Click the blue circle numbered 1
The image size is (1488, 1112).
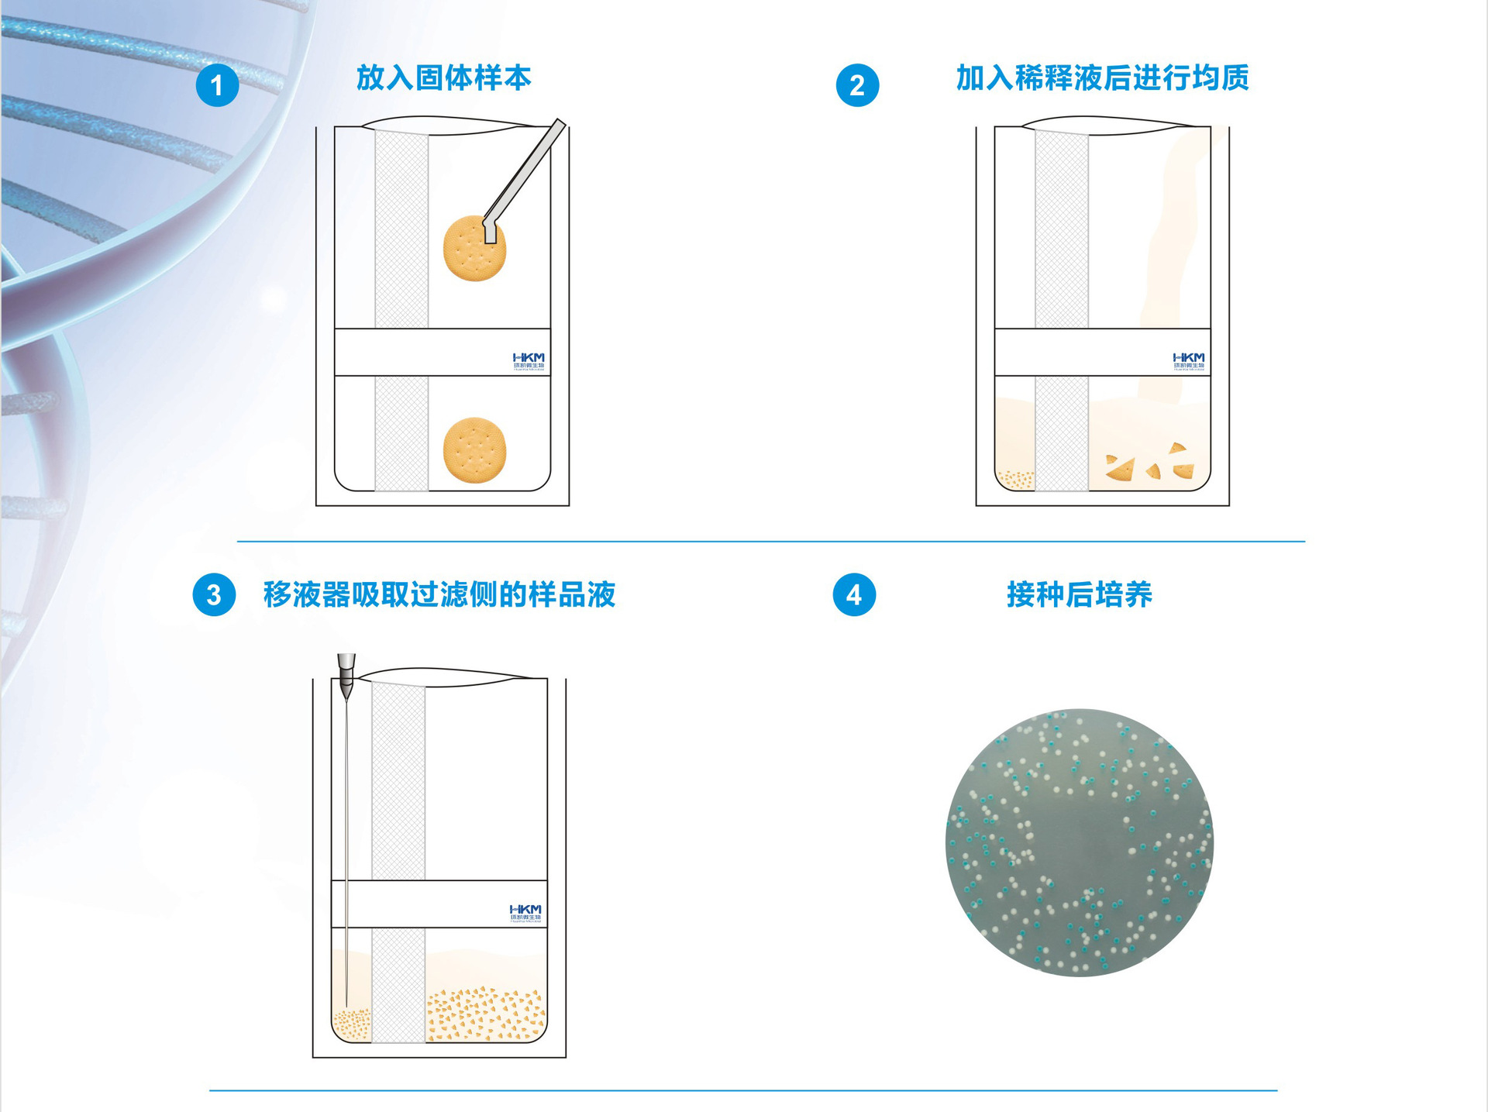[x=217, y=85]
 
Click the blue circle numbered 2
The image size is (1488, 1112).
[x=857, y=85]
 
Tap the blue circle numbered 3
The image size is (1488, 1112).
[x=214, y=594]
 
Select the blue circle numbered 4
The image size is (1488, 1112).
[x=854, y=594]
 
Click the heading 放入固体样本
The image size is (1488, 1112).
[x=443, y=78]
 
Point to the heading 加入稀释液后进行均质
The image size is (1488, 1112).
[x=1102, y=78]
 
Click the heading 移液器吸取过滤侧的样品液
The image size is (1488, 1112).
[x=439, y=594]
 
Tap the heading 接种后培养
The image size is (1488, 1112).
[x=1079, y=594]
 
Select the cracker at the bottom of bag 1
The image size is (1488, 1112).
[x=474, y=450]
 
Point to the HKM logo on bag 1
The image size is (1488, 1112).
[x=529, y=361]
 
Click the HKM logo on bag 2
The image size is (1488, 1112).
[x=1189, y=361]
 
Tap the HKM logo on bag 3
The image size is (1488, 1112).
[x=525, y=913]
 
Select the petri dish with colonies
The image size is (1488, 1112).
[x=1079, y=842]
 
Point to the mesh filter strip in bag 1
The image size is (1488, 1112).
[x=401, y=232]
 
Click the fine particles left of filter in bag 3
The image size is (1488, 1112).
[x=352, y=1024]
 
